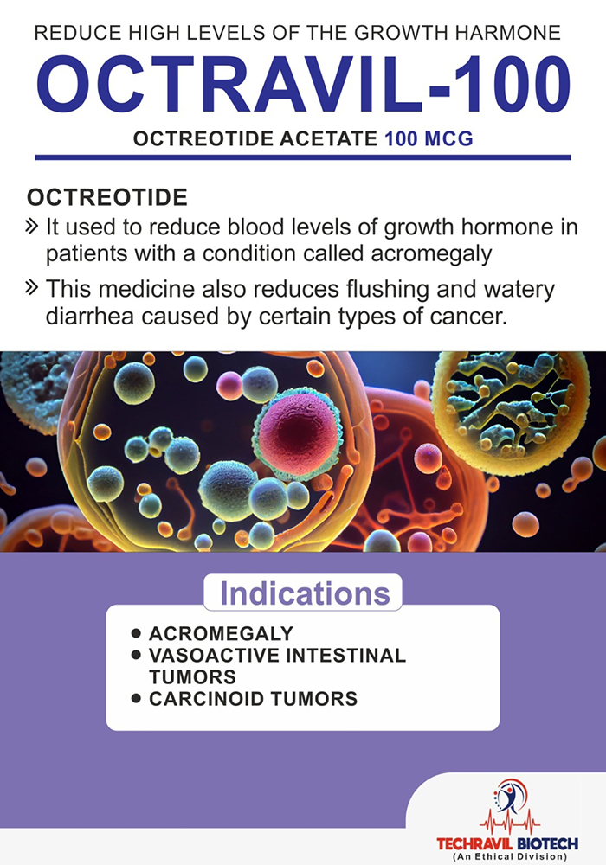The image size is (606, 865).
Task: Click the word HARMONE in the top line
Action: coord(508,33)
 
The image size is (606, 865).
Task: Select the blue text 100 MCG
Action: coord(429,138)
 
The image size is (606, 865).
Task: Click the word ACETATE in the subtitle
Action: coord(328,138)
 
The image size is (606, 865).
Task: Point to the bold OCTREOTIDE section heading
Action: coord(107,197)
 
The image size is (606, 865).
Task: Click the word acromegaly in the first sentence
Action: coord(431,253)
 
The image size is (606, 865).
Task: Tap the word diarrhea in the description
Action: coord(89,317)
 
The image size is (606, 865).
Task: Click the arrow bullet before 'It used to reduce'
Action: coord(32,227)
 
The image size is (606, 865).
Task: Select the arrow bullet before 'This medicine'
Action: coord(32,287)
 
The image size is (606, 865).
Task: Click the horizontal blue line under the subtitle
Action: coord(303,157)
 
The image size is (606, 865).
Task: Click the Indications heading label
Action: coord(305,593)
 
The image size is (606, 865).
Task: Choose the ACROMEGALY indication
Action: coord(221,633)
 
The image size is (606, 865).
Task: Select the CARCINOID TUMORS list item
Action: coord(254,698)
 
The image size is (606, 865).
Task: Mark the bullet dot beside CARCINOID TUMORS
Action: coord(137,698)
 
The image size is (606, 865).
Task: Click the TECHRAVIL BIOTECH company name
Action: coord(507,844)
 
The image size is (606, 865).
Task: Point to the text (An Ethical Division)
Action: coord(509,856)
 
